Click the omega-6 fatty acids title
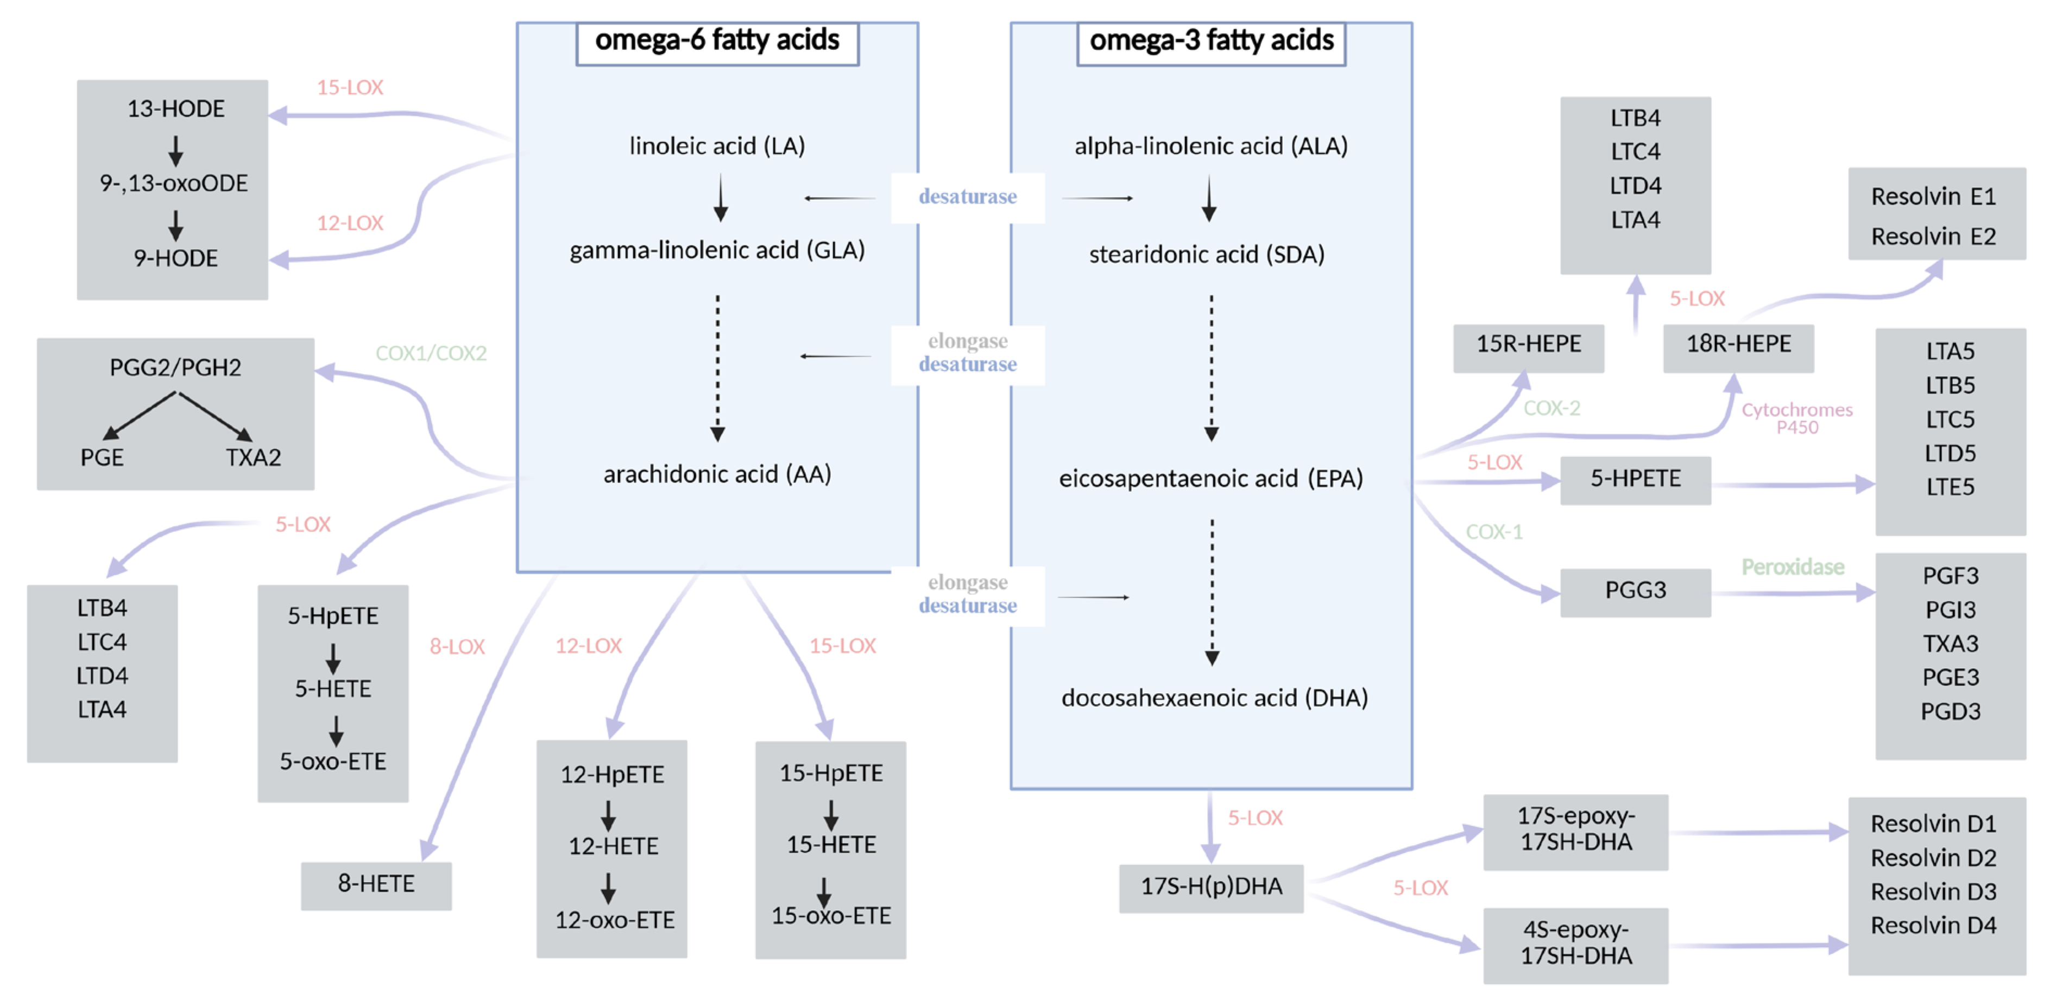[717, 40]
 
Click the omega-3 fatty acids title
[1211, 40]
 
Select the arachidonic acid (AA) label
[717, 474]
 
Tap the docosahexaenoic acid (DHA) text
[1214, 698]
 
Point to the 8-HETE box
[376, 884]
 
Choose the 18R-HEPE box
[1738, 345]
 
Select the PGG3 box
[1635, 591]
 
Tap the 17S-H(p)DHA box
[1211, 887]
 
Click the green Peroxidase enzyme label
[1792, 567]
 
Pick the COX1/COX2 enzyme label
[431, 353]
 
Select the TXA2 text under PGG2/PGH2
[253, 458]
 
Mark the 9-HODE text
[175, 258]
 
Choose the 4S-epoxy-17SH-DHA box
[1575, 943]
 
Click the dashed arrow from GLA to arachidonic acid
[717, 367]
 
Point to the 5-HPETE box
[1635, 479]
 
